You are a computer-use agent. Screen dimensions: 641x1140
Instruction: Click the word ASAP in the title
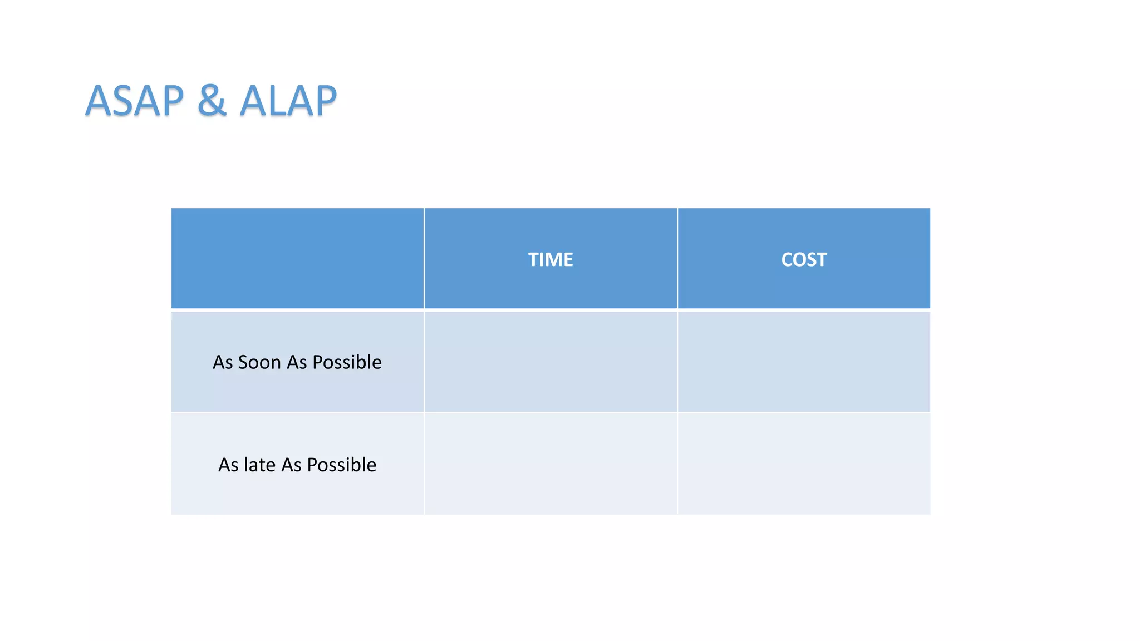[x=134, y=101]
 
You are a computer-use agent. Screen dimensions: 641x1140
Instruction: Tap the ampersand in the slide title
[x=212, y=101]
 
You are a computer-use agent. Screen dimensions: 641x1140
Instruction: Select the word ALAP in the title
[x=288, y=101]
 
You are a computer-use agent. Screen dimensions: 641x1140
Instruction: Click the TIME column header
[x=551, y=259]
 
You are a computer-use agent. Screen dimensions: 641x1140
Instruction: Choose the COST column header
[x=804, y=259]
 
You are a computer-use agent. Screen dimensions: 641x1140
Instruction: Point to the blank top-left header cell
[x=297, y=258]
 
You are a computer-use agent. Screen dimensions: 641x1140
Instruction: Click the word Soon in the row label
[x=259, y=362]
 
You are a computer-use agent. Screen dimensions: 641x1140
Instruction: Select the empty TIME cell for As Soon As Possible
[x=551, y=362]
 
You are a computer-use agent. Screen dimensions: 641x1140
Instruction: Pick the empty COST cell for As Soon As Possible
[x=804, y=362]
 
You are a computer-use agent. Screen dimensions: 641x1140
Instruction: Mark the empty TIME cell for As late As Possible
[x=551, y=464]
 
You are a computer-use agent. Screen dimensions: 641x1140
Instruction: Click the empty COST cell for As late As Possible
[x=804, y=464]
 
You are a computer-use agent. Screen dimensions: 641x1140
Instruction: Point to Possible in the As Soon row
[x=347, y=363]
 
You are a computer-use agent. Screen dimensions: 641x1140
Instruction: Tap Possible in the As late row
[x=341, y=465]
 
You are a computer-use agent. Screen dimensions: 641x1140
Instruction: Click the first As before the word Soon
[x=223, y=362]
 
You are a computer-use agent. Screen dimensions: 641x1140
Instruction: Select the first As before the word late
[x=228, y=465]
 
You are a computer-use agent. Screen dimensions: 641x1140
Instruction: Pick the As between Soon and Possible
[x=297, y=362]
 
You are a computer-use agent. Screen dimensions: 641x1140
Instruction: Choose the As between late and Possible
[x=291, y=465]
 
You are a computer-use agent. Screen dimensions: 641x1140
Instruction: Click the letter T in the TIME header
[x=533, y=259]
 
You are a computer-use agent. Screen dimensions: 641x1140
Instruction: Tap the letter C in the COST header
[x=787, y=259]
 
